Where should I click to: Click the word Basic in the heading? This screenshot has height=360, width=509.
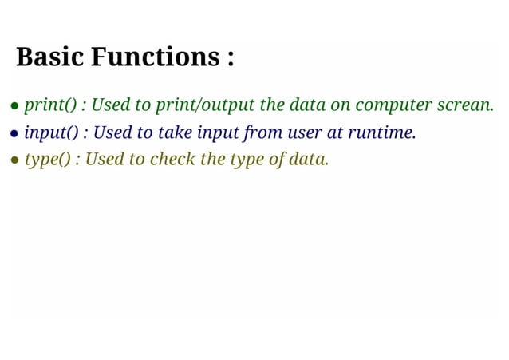[x=49, y=57]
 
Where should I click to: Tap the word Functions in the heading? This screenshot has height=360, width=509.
[x=152, y=57]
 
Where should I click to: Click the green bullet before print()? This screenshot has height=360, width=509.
[x=15, y=106]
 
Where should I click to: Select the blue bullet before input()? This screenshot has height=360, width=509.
[x=15, y=133]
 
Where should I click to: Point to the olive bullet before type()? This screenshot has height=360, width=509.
[x=15, y=160]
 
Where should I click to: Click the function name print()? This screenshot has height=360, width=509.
[x=51, y=105]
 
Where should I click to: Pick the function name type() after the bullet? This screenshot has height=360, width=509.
[x=48, y=160]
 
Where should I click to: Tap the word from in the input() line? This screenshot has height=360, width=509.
[x=258, y=133]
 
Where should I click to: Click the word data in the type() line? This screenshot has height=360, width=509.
[x=308, y=160]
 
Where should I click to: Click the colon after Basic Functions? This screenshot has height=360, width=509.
[x=230, y=59]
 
